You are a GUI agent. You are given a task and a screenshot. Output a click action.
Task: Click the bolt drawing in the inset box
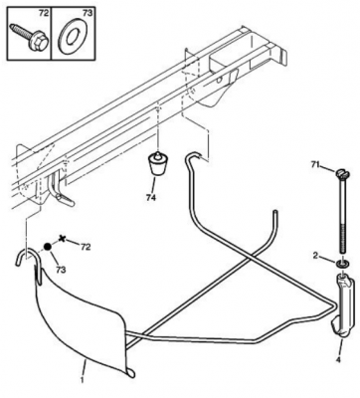(29, 37)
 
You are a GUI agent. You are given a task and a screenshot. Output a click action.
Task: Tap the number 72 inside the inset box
(44, 13)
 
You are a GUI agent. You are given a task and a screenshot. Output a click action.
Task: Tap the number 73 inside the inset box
(88, 13)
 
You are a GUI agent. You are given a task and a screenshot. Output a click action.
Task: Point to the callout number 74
(150, 198)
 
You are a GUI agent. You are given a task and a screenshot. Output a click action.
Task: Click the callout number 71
(315, 164)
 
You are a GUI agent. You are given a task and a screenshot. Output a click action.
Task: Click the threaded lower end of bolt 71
(343, 236)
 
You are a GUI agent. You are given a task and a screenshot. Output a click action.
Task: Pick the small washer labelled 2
(341, 264)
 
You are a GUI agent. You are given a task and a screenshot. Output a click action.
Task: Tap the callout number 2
(315, 256)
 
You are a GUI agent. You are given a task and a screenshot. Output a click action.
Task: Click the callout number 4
(338, 360)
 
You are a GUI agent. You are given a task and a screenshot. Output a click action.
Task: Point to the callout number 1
(83, 380)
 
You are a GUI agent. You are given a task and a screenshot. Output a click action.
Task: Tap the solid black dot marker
(48, 247)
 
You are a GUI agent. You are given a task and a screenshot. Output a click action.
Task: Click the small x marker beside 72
(62, 238)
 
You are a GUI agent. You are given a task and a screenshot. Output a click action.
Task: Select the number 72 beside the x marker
(86, 247)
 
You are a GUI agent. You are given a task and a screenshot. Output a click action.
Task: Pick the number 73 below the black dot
(61, 270)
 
